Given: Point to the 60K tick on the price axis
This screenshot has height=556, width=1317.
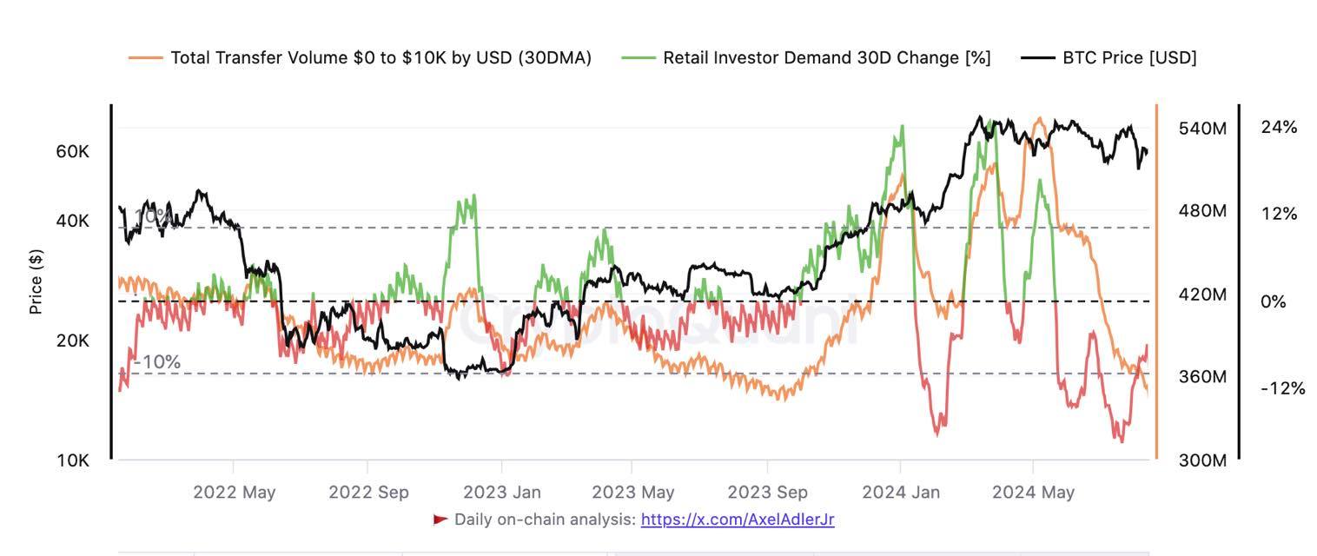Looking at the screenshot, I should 73,151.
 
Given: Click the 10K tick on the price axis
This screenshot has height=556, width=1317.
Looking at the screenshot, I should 73,460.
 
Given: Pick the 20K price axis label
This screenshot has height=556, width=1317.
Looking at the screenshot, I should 73,341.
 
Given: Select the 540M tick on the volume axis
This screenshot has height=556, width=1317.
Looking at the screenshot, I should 1202,129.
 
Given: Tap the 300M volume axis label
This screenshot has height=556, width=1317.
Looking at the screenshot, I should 1202,460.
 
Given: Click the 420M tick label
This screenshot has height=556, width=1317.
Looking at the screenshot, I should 1202,295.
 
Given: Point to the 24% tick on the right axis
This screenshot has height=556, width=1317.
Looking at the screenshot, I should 1279,128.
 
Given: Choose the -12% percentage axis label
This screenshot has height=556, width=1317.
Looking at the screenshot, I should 1282,388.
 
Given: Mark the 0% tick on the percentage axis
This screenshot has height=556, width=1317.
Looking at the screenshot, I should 1273,302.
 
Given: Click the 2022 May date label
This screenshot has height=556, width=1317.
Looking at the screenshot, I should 234,492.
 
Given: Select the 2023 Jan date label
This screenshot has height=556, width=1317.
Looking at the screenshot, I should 501,492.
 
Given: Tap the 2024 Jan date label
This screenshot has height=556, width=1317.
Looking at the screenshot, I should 901,492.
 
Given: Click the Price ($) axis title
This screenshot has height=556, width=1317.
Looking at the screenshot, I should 36,282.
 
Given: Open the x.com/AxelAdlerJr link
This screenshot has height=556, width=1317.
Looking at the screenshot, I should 738,520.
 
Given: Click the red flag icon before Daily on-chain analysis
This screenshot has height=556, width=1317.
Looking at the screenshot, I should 440,520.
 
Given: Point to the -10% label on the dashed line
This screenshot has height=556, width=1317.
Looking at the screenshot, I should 157,361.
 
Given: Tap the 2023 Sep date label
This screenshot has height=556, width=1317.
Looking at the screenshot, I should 767,492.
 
